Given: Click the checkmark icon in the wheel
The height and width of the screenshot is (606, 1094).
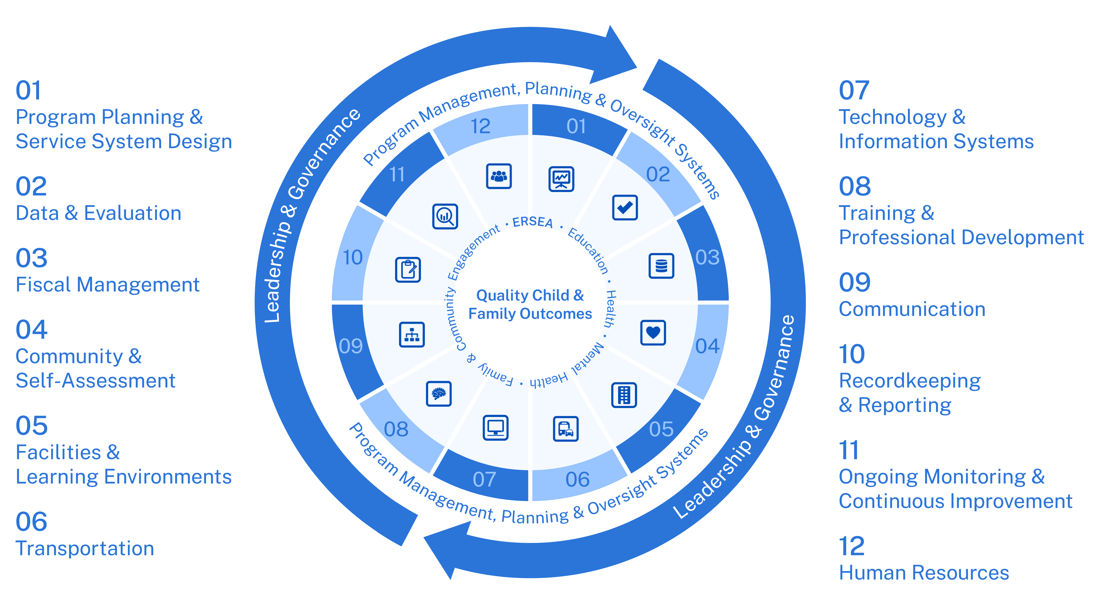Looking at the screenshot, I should [625, 208].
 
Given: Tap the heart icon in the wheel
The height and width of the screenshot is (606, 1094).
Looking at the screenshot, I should [653, 333].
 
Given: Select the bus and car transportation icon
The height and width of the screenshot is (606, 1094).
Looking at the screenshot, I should [566, 429].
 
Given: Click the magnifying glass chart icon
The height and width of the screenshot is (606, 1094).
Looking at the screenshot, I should [445, 216].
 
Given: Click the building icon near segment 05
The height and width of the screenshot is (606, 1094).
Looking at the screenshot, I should [624, 395].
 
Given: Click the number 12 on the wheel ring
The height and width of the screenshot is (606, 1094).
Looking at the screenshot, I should [480, 126].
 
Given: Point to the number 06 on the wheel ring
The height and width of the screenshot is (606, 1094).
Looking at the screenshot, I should [577, 479].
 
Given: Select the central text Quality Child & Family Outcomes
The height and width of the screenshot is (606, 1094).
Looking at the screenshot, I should [530, 304].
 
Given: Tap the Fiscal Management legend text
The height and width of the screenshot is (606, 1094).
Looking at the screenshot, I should [107, 285].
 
